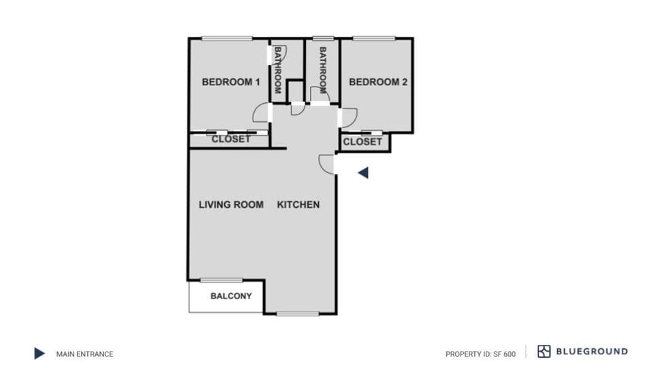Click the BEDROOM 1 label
(x=231, y=82)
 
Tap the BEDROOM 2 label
(x=378, y=82)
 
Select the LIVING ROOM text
(x=231, y=204)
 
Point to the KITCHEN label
(x=298, y=204)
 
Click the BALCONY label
(x=231, y=296)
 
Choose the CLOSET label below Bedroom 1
(x=231, y=139)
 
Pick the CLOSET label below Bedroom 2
(x=362, y=142)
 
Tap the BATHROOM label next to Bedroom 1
(x=278, y=70)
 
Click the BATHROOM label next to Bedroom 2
(x=323, y=70)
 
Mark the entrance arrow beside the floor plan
(x=363, y=173)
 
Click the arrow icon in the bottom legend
(x=40, y=354)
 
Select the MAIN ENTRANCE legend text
(x=84, y=354)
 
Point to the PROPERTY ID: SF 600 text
(x=480, y=354)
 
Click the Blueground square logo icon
(x=544, y=352)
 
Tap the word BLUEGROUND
(x=592, y=352)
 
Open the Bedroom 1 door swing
(x=262, y=113)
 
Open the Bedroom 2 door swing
(x=347, y=118)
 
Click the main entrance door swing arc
(x=326, y=164)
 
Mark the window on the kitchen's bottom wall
(x=298, y=313)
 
